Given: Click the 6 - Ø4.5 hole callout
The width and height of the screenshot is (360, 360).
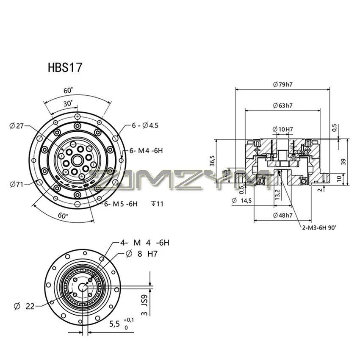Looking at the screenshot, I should point(145,125).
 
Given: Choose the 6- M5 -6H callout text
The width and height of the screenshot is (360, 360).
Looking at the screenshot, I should point(121,204).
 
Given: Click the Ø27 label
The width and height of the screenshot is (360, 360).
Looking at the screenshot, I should point(18,125).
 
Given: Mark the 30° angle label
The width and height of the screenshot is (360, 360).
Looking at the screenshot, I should point(68,103).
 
